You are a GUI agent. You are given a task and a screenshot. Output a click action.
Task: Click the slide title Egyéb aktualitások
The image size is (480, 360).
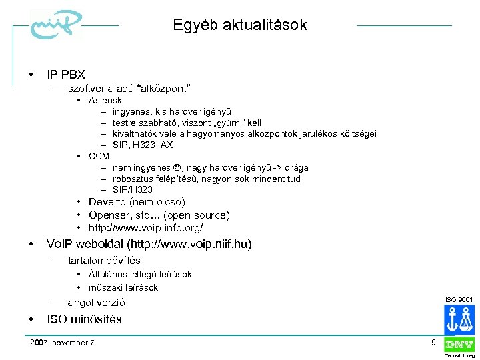(x=240, y=25)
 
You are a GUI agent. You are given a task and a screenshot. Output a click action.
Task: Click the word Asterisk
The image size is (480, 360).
(x=105, y=100)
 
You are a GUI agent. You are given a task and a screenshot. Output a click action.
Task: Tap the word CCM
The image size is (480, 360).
(x=99, y=156)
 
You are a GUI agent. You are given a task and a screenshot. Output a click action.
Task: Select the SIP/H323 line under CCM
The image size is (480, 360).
(x=132, y=190)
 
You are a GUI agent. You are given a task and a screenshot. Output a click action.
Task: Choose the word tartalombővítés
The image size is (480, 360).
(x=104, y=261)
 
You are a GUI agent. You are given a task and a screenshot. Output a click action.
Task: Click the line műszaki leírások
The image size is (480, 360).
(x=123, y=287)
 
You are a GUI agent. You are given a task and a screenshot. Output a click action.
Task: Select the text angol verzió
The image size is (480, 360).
(x=97, y=302)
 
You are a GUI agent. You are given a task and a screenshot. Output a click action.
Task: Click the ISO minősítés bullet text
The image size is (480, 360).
(x=84, y=319)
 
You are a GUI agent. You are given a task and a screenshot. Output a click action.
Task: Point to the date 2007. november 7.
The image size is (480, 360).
(x=63, y=343)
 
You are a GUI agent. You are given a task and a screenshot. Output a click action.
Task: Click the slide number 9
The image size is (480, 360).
(x=433, y=343)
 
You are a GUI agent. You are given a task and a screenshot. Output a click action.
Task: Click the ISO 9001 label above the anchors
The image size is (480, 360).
(x=459, y=299)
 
